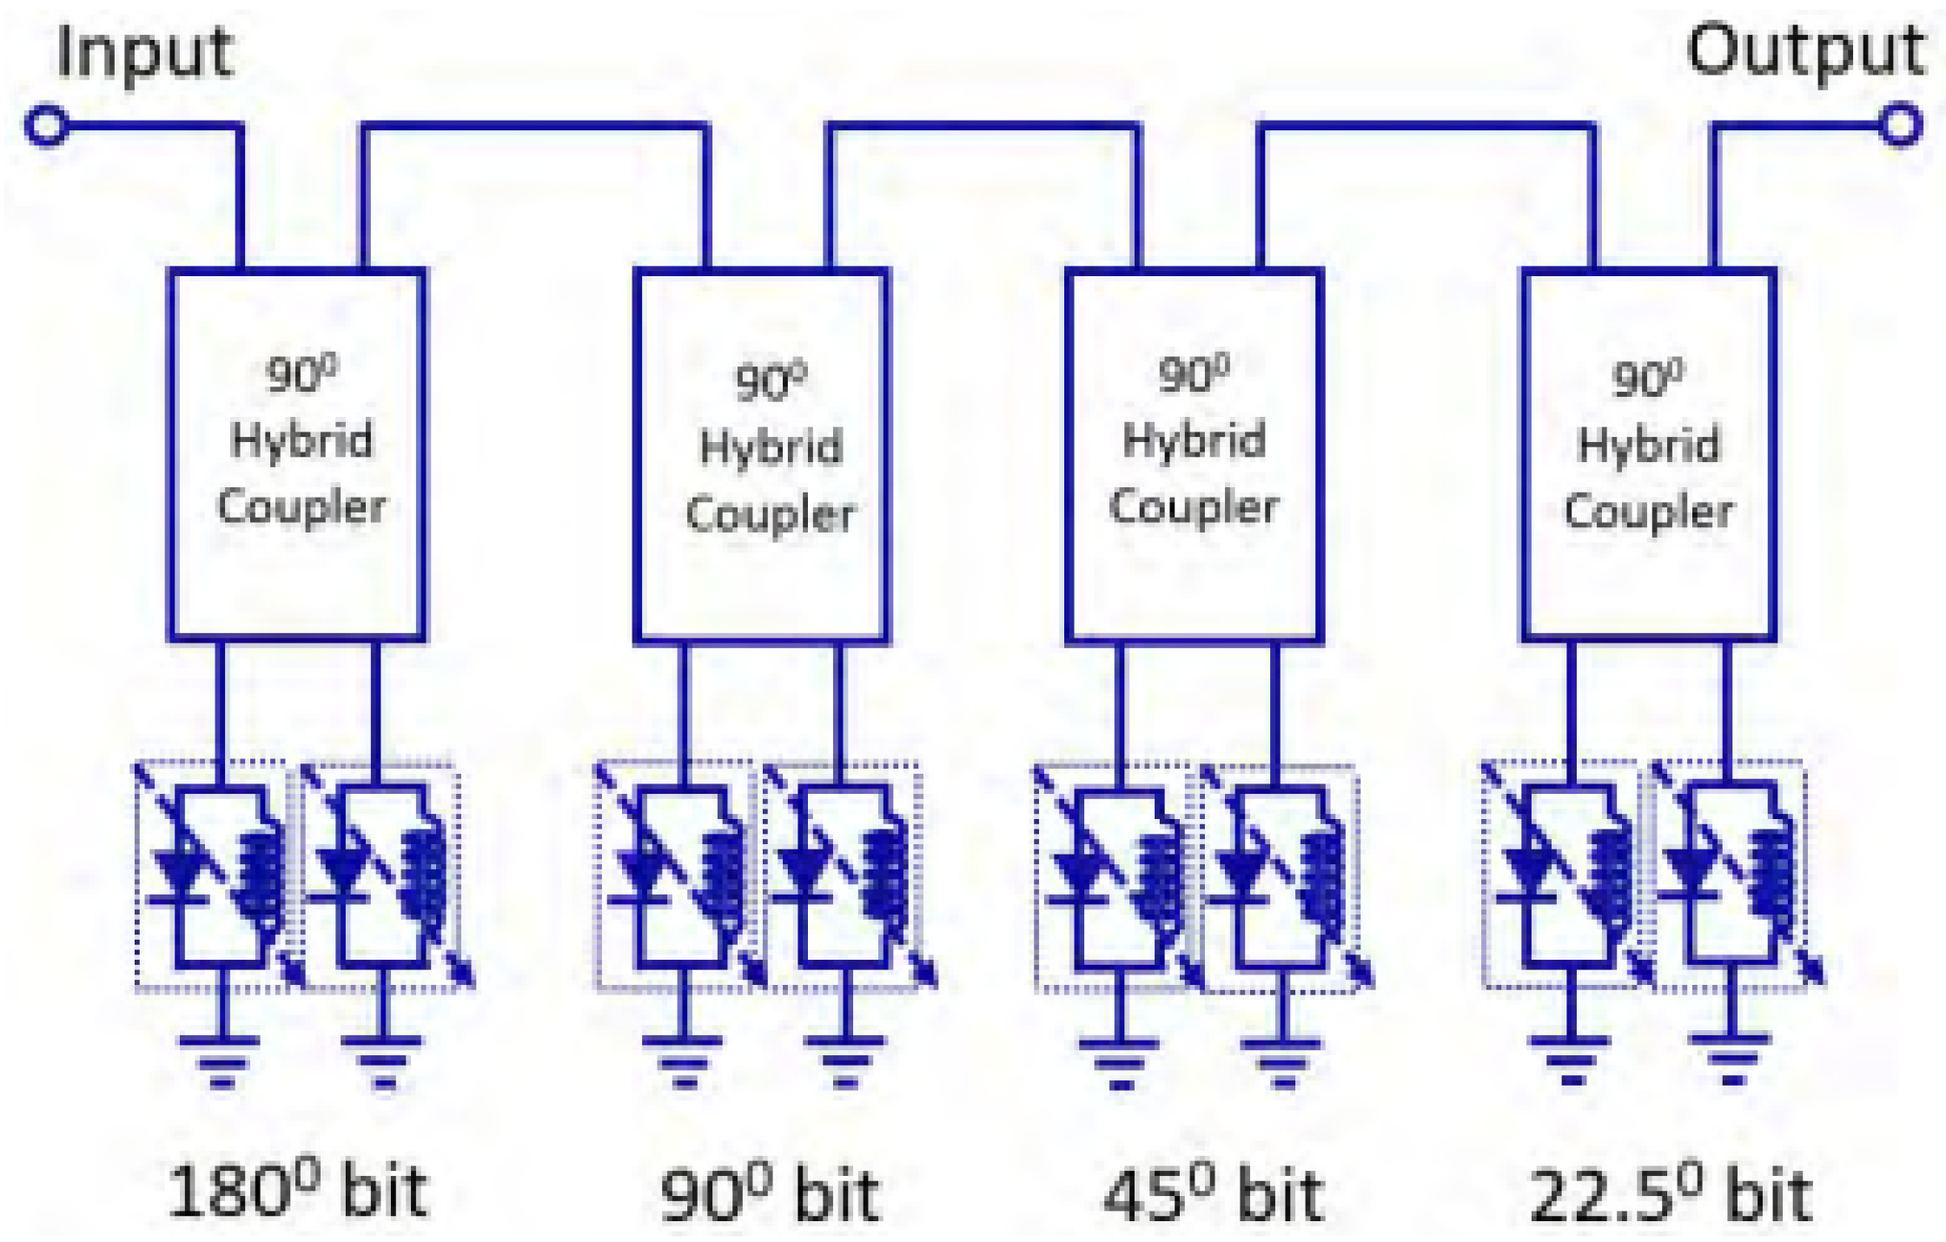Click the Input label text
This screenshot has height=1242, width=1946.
click(x=144, y=54)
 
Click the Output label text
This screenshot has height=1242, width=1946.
click(x=1805, y=52)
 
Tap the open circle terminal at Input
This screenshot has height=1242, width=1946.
click(x=47, y=126)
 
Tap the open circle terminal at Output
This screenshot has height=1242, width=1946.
click(x=1899, y=126)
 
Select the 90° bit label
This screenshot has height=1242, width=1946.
click(x=770, y=1193)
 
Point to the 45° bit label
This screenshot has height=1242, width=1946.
click(x=1213, y=1193)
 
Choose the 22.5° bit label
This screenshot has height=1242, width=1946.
click(x=1670, y=1193)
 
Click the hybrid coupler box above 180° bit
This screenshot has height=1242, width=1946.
click(x=297, y=456)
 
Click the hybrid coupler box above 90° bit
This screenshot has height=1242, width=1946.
click(x=761, y=456)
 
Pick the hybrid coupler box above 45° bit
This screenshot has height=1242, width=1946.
click(x=1194, y=456)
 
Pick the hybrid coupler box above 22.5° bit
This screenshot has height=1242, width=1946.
click(x=1648, y=456)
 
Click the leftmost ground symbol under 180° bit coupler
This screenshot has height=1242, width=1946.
click(x=222, y=1060)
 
